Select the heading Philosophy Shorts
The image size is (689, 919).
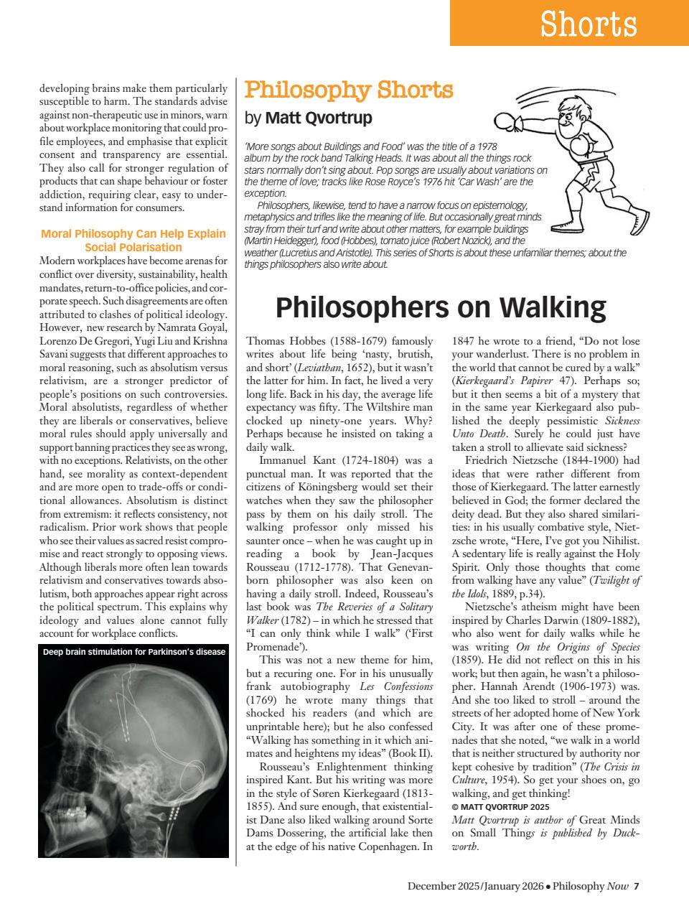pos(349,90)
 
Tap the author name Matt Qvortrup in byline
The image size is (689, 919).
pos(319,117)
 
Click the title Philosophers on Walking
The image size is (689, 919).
pos(441,307)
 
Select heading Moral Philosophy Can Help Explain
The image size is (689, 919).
pos(133,233)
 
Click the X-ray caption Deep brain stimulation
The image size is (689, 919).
pos(134,653)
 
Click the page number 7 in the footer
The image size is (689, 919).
pos(636,885)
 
